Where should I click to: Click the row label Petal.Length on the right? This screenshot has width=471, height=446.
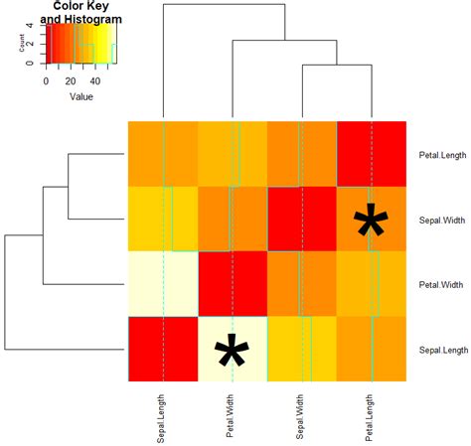(441, 154)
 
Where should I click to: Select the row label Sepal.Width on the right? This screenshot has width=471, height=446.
(441, 220)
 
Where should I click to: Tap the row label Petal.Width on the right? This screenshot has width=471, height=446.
(440, 285)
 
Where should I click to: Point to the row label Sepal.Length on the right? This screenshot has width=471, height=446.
(442, 350)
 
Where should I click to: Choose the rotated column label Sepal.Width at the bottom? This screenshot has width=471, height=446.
(301, 416)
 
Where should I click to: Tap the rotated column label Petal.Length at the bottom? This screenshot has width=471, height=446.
(371, 416)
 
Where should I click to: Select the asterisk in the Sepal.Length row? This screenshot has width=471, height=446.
(232, 357)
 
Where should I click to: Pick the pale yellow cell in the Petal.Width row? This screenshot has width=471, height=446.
(163, 284)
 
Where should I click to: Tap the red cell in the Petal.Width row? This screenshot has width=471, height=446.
(233, 284)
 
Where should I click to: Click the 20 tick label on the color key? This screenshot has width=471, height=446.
(71, 80)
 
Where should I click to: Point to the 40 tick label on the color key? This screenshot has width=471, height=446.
(95, 80)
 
